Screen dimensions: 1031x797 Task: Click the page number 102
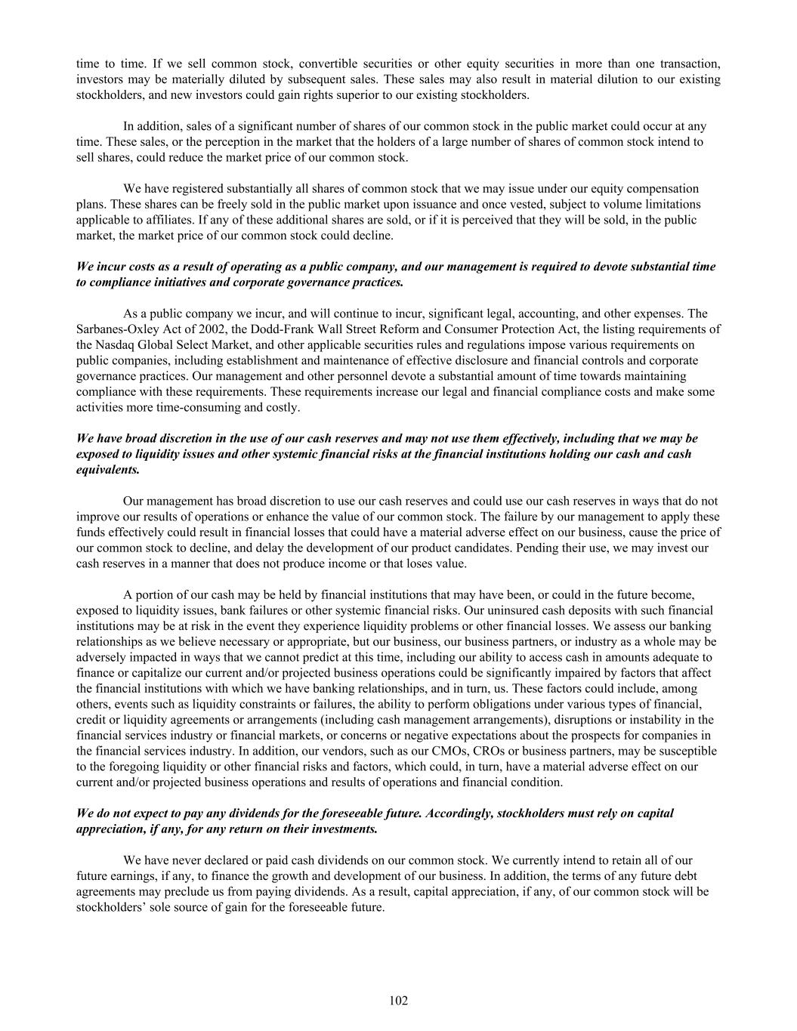[398, 1001]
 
